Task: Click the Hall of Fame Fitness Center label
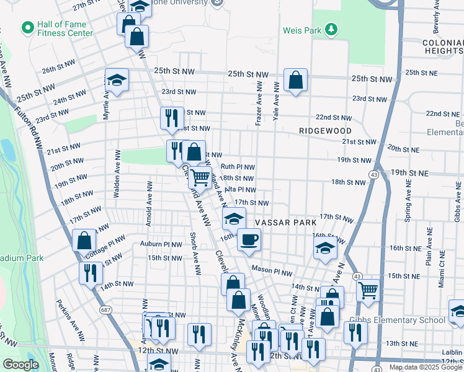click(x=65, y=28)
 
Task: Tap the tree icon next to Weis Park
click(x=331, y=29)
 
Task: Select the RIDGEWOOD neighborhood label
click(x=324, y=131)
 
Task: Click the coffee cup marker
click(x=249, y=240)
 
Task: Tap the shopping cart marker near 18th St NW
click(x=200, y=178)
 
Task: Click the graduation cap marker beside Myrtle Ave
click(x=116, y=81)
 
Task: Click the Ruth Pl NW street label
click(x=238, y=167)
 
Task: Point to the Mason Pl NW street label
click(x=272, y=272)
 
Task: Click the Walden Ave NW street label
click(x=116, y=174)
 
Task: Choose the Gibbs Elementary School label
click(x=406, y=320)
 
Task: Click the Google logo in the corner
click(x=21, y=365)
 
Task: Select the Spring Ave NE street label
click(x=408, y=203)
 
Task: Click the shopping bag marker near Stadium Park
click(x=84, y=241)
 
